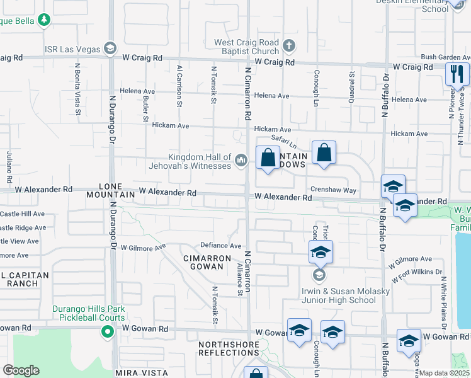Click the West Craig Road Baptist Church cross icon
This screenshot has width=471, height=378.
pyautogui.click(x=288, y=45)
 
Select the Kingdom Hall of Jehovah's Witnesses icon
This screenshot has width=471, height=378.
pyautogui.click(x=241, y=162)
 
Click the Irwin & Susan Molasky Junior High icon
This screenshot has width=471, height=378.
pyautogui.click(x=320, y=275)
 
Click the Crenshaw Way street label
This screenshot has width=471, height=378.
pyautogui.click(x=332, y=190)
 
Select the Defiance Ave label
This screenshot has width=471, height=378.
pyautogui.click(x=221, y=246)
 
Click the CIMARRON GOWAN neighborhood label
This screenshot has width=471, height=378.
pyautogui.click(x=203, y=263)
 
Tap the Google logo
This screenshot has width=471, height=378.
pyautogui.click(x=21, y=370)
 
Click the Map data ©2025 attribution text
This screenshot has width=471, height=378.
pyautogui.click(x=445, y=374)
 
